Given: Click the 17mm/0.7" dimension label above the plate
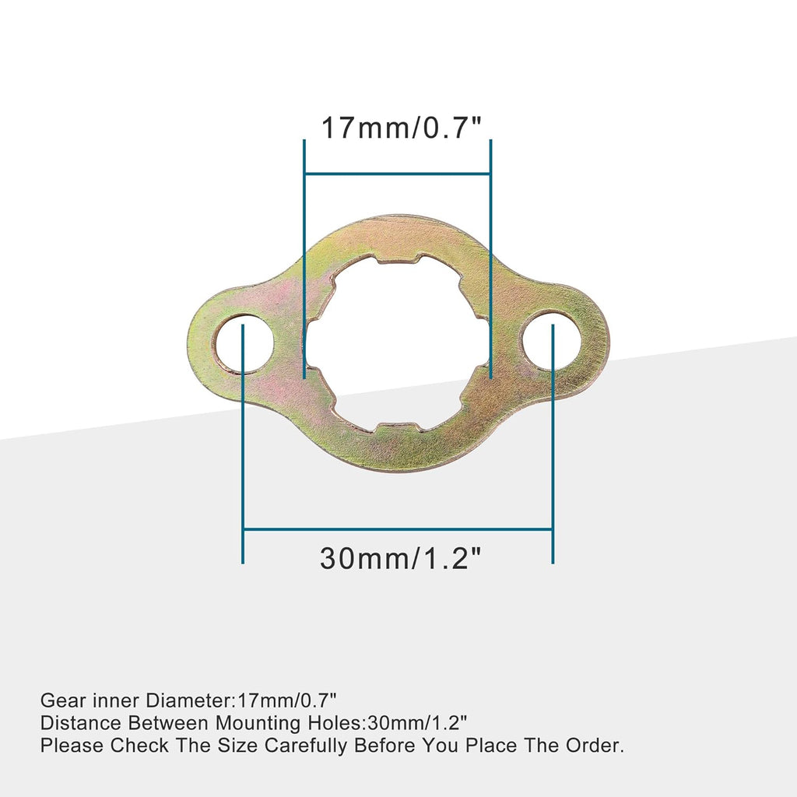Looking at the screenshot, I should pyautogui.click(x=397, y=127).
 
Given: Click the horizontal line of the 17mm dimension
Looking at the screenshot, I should pyautogui.click(x=397, y=174).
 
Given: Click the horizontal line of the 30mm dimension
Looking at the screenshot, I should pyautogui.click(x=398, y=529).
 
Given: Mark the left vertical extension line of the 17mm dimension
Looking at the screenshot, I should pyautogui.click(x=304, y=257).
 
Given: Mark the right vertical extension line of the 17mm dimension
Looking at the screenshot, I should pyautogui.click(x=490, y=257).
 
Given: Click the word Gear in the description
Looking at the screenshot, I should pyautogui.click(x=60, y=701).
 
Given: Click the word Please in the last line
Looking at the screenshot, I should pyautogui.click(x=72, y=746).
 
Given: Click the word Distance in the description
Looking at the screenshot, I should pyautogui.click(x=78, y=724).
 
